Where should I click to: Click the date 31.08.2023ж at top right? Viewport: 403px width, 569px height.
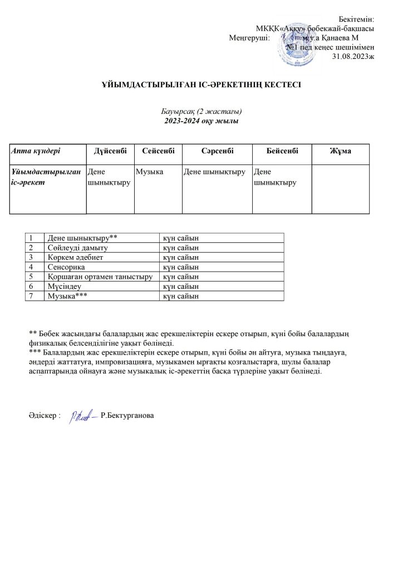click(353, 56)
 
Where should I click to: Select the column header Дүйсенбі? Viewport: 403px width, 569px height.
click(110, 151)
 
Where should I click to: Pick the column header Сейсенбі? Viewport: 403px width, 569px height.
click(158, 151)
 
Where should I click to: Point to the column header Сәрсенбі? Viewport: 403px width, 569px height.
click(217, 151)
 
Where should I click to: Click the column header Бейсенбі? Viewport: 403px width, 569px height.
click(282, 151)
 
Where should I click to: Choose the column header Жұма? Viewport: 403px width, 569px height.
click(340, 151)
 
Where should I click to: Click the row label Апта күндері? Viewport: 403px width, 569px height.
click(36, 151)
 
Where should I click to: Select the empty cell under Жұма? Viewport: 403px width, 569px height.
click(340, 188)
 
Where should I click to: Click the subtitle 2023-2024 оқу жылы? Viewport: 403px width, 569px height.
click(201, 121)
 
